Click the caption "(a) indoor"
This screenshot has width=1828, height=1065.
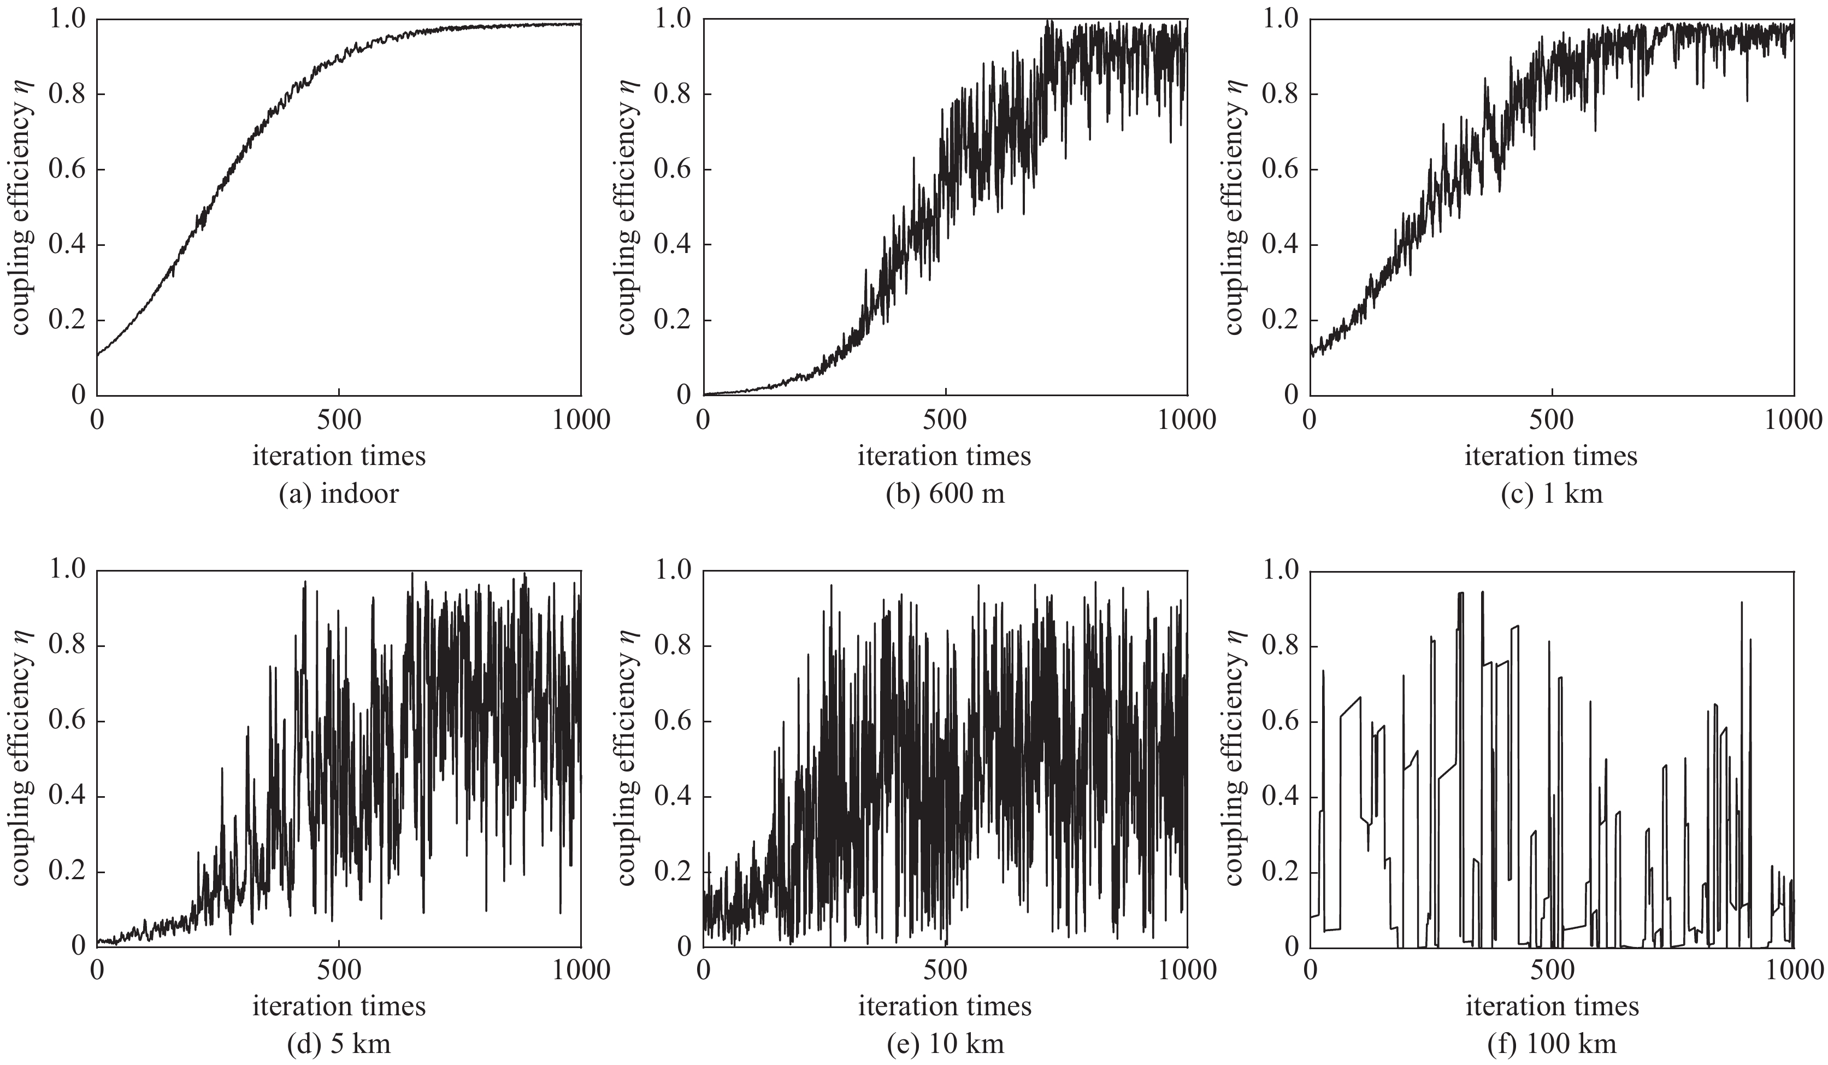click(339, 494)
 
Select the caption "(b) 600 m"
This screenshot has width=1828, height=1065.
click(945, 494)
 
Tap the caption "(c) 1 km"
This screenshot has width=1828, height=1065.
click(1552, 494)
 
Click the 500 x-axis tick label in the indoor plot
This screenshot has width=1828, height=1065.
click(339, 420)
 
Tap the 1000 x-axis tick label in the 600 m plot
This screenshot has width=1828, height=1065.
click(1186, 420)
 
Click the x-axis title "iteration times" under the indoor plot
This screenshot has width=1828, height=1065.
click(339, 456)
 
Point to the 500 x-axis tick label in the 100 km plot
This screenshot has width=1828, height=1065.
click(1552, 970)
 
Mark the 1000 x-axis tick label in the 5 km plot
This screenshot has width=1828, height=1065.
click(580, 970)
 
